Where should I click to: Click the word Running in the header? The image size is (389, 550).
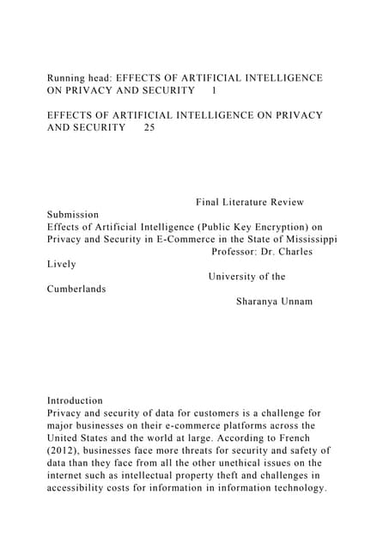coord(68,78)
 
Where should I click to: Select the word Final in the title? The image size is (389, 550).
coord(210,202)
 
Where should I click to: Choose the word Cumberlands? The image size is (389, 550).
coord(76,289)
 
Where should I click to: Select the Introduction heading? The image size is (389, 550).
coord(75,400)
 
